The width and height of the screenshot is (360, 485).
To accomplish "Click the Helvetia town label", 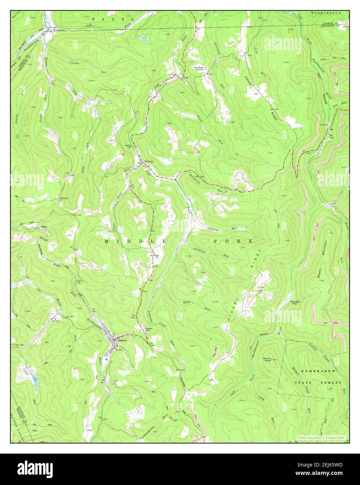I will coord(149,161).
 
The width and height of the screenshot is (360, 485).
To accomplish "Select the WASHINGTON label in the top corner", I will coord(326,13).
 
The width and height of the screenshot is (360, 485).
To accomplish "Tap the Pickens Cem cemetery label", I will coord(149,329).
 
